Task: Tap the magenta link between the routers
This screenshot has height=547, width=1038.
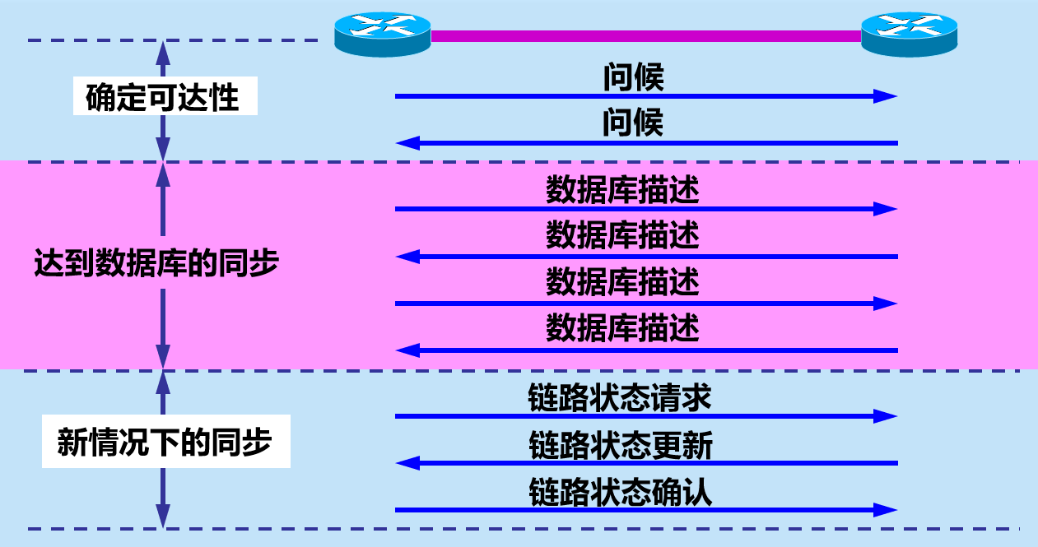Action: coord(646,35)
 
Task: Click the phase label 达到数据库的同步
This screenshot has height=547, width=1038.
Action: coord(156,264)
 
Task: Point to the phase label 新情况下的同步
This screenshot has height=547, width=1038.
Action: coord(165,444)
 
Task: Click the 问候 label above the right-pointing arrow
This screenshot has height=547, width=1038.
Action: coord(633,78)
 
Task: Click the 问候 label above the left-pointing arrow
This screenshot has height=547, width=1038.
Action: coord(633,124)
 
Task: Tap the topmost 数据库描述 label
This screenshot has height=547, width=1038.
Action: coord(622,191)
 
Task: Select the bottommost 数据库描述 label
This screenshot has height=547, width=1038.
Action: coord(622,329)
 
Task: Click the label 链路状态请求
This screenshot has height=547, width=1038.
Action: coord(619,398)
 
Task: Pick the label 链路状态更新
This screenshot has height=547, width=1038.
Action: coord(620,446)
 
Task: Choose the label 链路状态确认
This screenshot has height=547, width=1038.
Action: coord(620,493)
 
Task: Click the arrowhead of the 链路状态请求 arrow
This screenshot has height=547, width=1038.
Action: coord(886,416)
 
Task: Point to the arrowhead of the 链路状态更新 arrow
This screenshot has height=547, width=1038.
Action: coord(407,463)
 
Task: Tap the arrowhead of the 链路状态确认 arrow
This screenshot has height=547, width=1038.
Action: coord(886,510)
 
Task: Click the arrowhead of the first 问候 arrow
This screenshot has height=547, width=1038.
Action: coord(886,96)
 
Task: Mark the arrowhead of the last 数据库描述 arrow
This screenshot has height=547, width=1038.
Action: coord(407,351)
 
